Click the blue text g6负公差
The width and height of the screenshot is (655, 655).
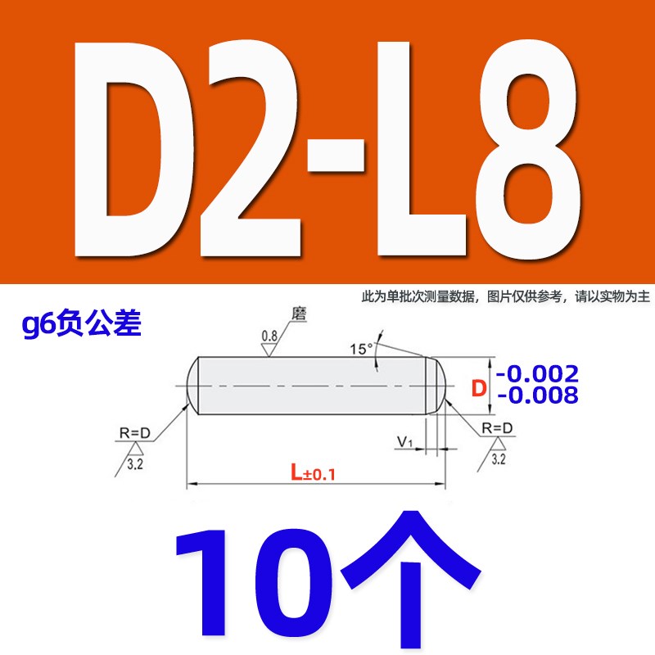[83, 327]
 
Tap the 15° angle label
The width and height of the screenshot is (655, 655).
[360, 349]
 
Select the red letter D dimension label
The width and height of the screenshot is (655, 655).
[481, 386]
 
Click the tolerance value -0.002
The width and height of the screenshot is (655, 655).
[538, 373]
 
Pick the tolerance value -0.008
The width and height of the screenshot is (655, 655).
[538, 396]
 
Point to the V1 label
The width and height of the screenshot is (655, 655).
[404, 443]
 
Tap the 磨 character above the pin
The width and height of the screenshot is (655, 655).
[297, 314]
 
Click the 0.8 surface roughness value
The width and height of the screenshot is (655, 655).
[268, 336]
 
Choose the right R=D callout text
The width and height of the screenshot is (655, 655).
[497, 428]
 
